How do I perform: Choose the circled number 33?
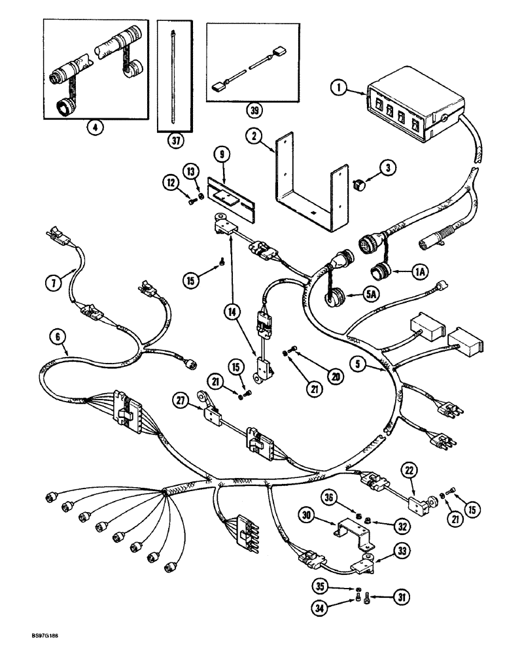coord(402,552)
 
